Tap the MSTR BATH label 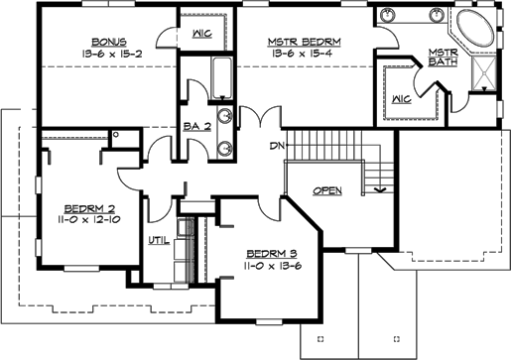pyautogui.click(x=442, y=58)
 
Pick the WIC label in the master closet pyautogui.click(x=402, y=98)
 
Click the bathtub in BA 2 pyautogui.click(x=222, y=77)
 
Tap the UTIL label pyautogui.click(x=158, y=239)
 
